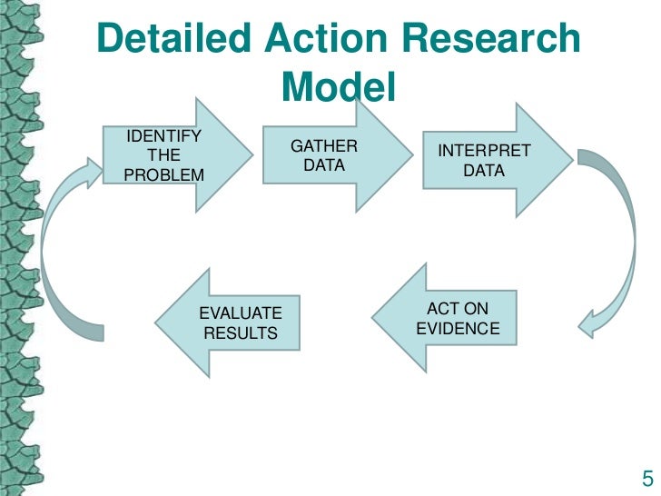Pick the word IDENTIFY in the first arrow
163,137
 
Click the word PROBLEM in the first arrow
163,174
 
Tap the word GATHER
323,147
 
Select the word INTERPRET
484,151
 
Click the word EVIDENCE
458,329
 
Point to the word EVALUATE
241,313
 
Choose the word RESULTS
241,333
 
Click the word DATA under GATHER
323,166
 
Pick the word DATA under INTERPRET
484,170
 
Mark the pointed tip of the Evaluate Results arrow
158,322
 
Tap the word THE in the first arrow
163,155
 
